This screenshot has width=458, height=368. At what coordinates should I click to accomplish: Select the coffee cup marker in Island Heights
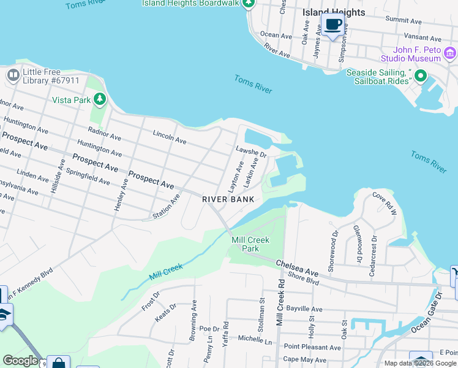[332, 25]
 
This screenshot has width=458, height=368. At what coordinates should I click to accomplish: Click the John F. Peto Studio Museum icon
[450, 53]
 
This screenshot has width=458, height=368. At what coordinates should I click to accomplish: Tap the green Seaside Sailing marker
[420, 76]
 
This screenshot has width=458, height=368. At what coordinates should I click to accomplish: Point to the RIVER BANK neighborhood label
[228, 200]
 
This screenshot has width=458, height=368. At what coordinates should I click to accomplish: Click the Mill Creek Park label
[250, 244]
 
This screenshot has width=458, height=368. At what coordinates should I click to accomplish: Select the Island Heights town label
[334, 12]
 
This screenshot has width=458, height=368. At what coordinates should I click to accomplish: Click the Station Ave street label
[166, 207]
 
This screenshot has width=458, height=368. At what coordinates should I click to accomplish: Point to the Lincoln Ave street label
[170, 137]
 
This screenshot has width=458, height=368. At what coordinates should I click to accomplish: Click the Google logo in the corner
[20, 361]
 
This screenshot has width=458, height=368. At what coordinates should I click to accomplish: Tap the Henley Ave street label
[121, 194]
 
